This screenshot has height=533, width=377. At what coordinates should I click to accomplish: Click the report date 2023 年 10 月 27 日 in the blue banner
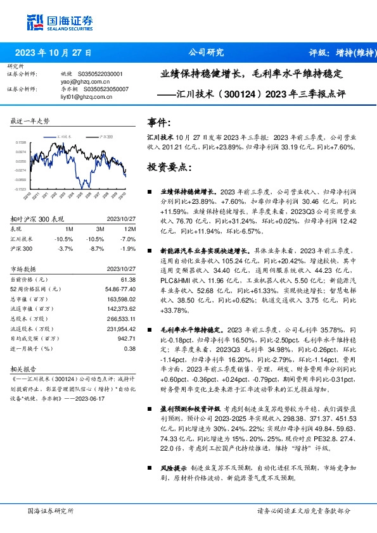pyautogui.click(x=54, y=53)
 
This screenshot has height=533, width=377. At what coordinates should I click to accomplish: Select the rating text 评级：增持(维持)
pyautogui.click(x=340, y=53)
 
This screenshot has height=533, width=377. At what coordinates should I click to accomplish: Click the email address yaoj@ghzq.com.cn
pyautogui.click(x=84, y=82)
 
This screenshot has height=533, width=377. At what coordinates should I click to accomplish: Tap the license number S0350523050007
pyautogui.click(x=106, y=89)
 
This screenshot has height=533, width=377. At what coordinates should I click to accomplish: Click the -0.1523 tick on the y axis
pyautogui.click(x=20, y=189)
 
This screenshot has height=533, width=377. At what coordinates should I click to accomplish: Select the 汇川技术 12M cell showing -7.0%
pyautogui.click(x=129, y=239)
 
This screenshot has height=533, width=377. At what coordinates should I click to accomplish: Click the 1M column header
pyautogui.click(x=70, y=229)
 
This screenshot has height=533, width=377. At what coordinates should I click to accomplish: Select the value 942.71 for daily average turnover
pyautogui.click(x=127, y=339)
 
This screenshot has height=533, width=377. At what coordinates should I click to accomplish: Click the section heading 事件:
pyautogui.click(x=158, y=122)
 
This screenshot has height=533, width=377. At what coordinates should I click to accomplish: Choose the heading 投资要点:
pyautogui.click(x=168, y=167)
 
